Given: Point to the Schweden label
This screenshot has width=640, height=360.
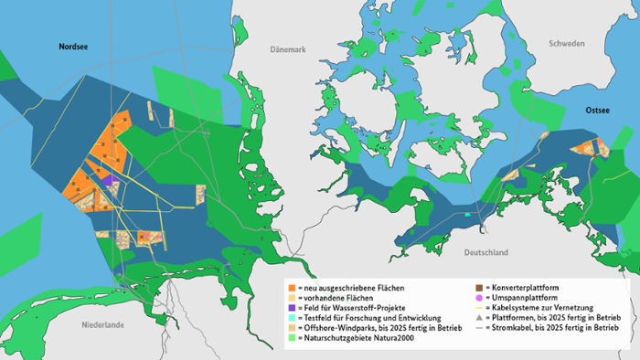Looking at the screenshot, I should pos(567,44).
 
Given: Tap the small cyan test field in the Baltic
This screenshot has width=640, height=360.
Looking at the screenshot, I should pos(467,215).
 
